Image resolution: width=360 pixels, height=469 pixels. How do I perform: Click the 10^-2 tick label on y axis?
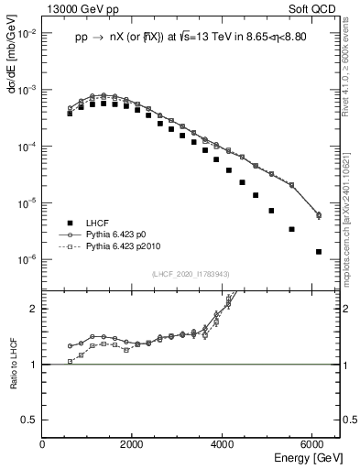27,34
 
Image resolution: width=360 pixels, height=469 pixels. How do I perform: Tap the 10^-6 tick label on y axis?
27,259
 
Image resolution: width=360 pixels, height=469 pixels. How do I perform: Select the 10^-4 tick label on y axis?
27,147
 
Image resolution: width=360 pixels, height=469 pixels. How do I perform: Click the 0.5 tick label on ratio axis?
30,420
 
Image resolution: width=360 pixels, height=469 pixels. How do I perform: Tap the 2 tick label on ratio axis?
34,309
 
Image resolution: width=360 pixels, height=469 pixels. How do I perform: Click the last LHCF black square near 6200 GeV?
318,251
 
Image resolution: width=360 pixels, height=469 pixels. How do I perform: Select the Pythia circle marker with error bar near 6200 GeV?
318,215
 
